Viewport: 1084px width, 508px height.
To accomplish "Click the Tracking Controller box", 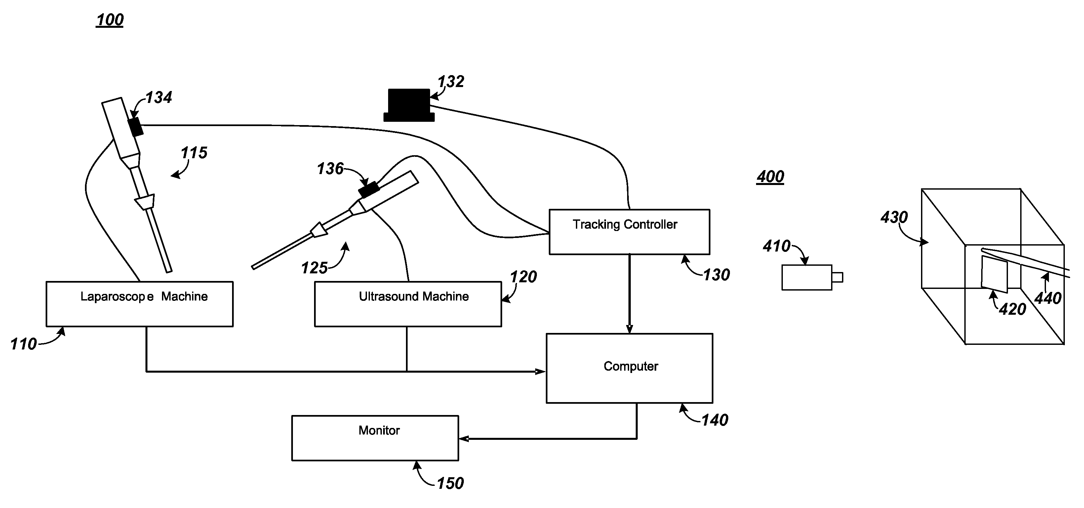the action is click(x=629, y=232).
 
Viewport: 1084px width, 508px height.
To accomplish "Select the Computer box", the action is click(x=629, y=368).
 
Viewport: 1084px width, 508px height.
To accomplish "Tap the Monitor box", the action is click(x=375, y=438).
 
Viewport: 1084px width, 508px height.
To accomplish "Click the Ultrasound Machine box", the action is click(x=408, y=304).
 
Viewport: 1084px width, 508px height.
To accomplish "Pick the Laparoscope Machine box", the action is click(x=139, y=304).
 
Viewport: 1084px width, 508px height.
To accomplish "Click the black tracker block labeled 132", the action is click(x=409, y=105).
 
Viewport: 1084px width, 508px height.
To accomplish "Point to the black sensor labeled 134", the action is click(x=136, y=127).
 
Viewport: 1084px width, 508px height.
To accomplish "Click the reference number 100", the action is click(x=110, y=20).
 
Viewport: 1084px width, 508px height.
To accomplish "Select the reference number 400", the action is click(x=770, y=176).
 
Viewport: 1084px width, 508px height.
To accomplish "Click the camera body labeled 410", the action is click(x=807, y=278).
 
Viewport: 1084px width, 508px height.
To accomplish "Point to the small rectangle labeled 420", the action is click(x=994, y=274).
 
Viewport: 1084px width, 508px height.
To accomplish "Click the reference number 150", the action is click(x=450, y=483).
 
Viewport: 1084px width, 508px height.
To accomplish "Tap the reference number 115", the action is click(x=194, y=153).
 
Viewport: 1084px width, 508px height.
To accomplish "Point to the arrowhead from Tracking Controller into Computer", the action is click(x=629, y=329).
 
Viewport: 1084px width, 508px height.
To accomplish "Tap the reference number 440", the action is click(x=1048, y=298).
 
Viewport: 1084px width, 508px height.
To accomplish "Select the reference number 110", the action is click(x=23, y=344).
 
